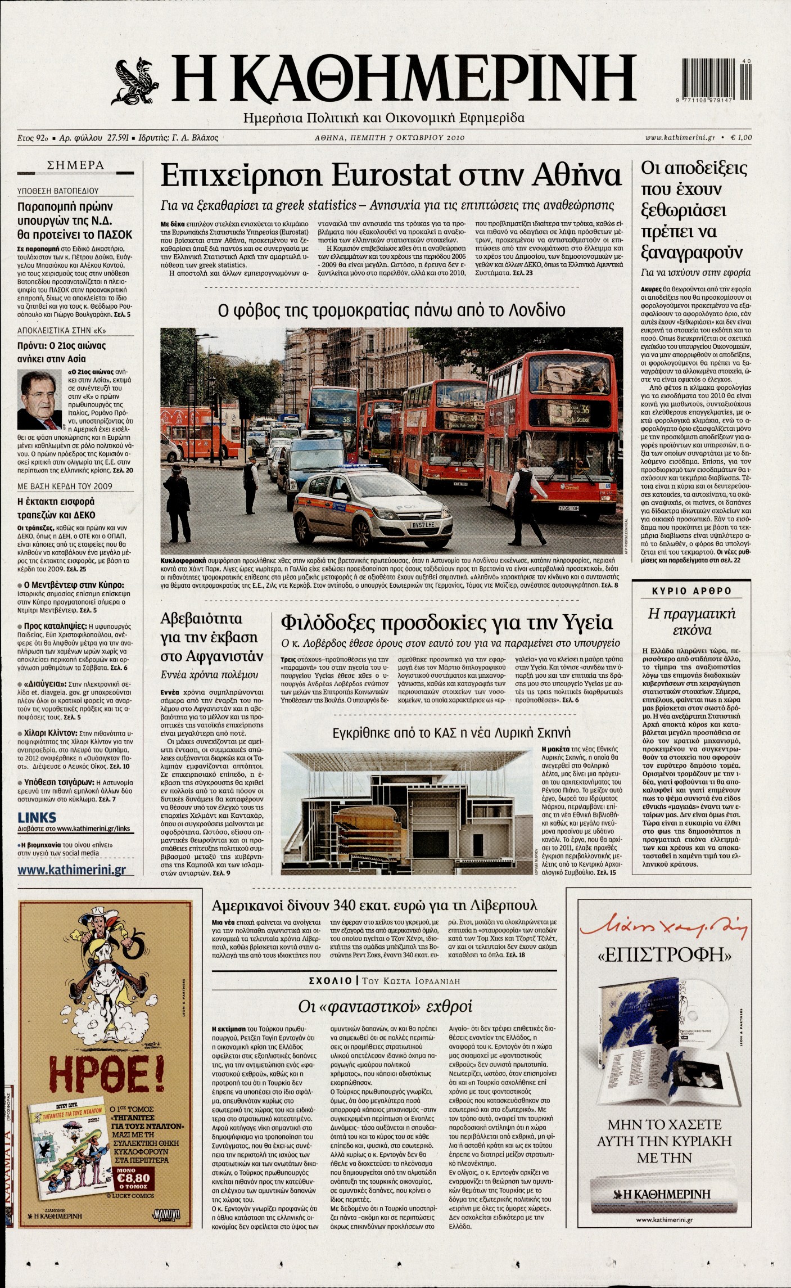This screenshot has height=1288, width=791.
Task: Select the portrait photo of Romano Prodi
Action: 39,400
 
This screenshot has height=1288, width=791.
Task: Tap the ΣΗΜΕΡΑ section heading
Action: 76,165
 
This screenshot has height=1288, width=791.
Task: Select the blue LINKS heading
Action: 37,817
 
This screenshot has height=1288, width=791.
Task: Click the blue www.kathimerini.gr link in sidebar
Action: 71,870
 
